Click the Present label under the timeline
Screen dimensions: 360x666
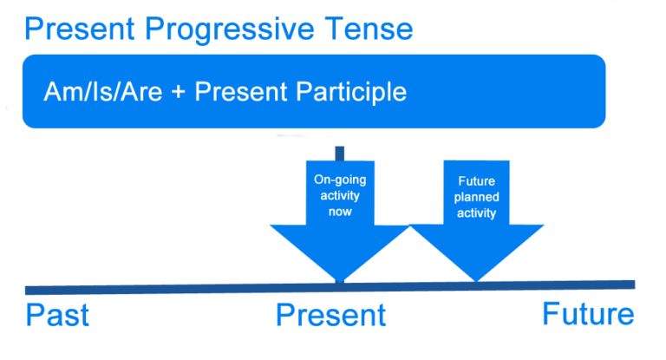[x=330, y=315]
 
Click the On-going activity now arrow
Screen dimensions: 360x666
[x=339, y=226]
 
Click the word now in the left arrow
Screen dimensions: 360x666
[x=339, y=212]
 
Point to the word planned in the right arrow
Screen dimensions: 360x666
[x=476, y=198]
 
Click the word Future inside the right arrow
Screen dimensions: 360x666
[x=476, y=183]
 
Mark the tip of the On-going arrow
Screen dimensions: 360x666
[x=339, y=279]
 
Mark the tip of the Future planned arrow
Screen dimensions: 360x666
[x=476, y=279]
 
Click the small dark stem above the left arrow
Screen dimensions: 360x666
[x=339, y=154]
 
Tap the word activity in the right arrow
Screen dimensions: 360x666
[x=476, y=213]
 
